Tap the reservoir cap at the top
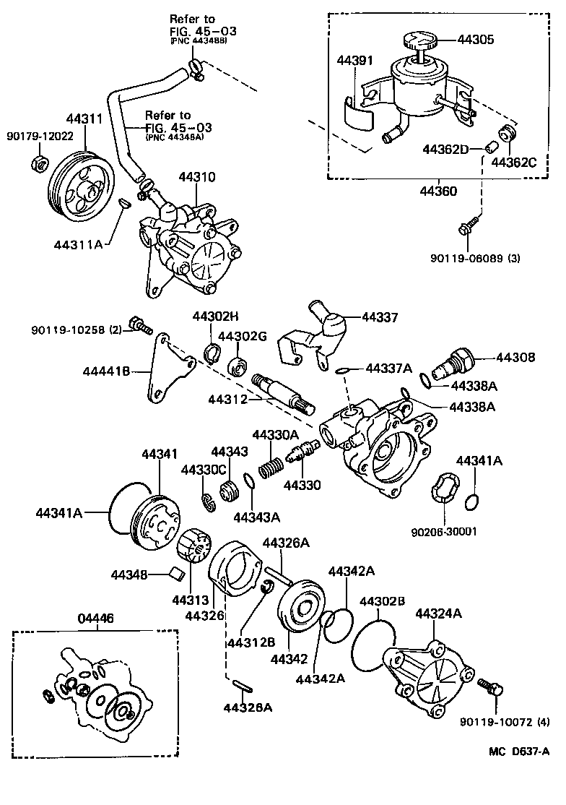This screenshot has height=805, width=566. pyautogui.click(x=417, y=40)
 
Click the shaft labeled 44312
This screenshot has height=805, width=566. pyautogui.click(x=282, y=391)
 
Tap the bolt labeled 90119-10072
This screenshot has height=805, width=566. pyautogui.click(x=492, y=686)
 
